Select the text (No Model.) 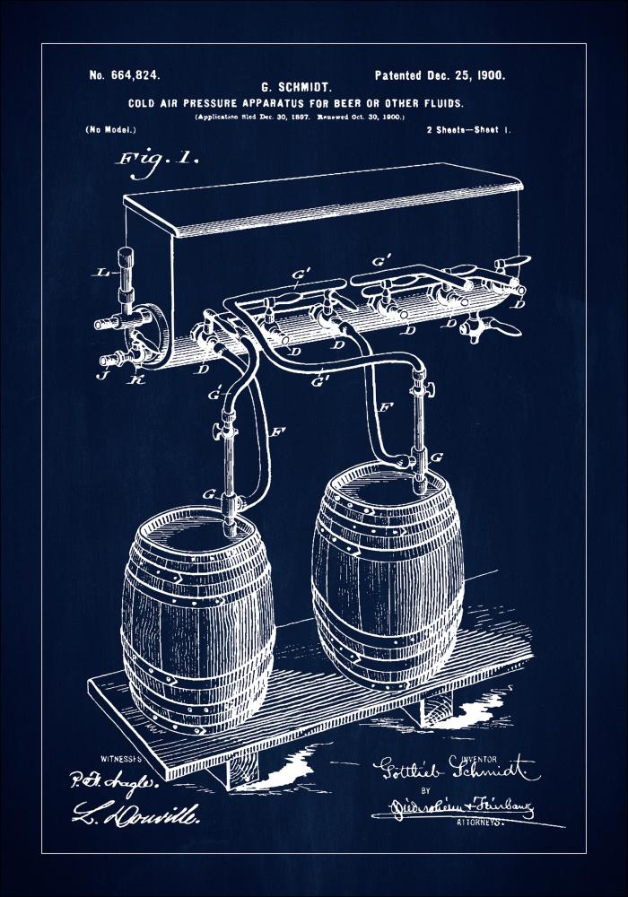point(111,130)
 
